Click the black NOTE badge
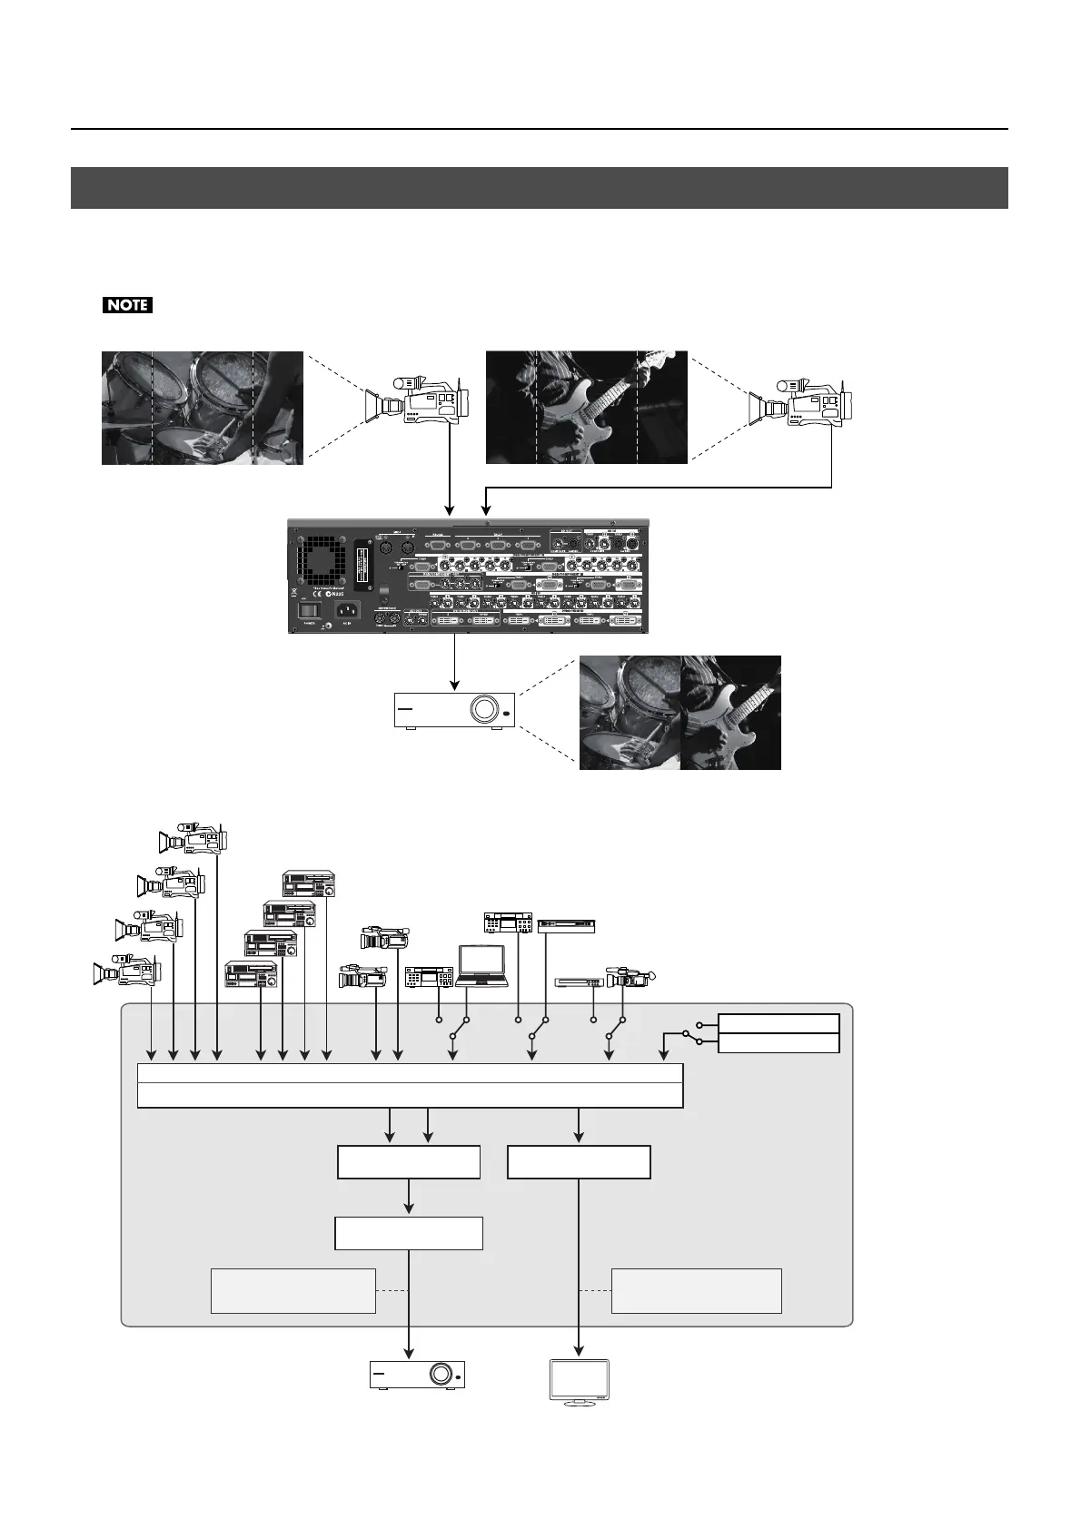127,305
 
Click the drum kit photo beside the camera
202,408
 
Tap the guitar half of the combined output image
730,713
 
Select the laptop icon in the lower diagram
482,965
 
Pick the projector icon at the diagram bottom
418,1375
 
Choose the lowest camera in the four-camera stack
127,970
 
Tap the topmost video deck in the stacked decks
309,883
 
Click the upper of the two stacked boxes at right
778,1023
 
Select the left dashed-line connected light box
293,1290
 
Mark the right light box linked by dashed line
696,1290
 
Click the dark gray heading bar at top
540,188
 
